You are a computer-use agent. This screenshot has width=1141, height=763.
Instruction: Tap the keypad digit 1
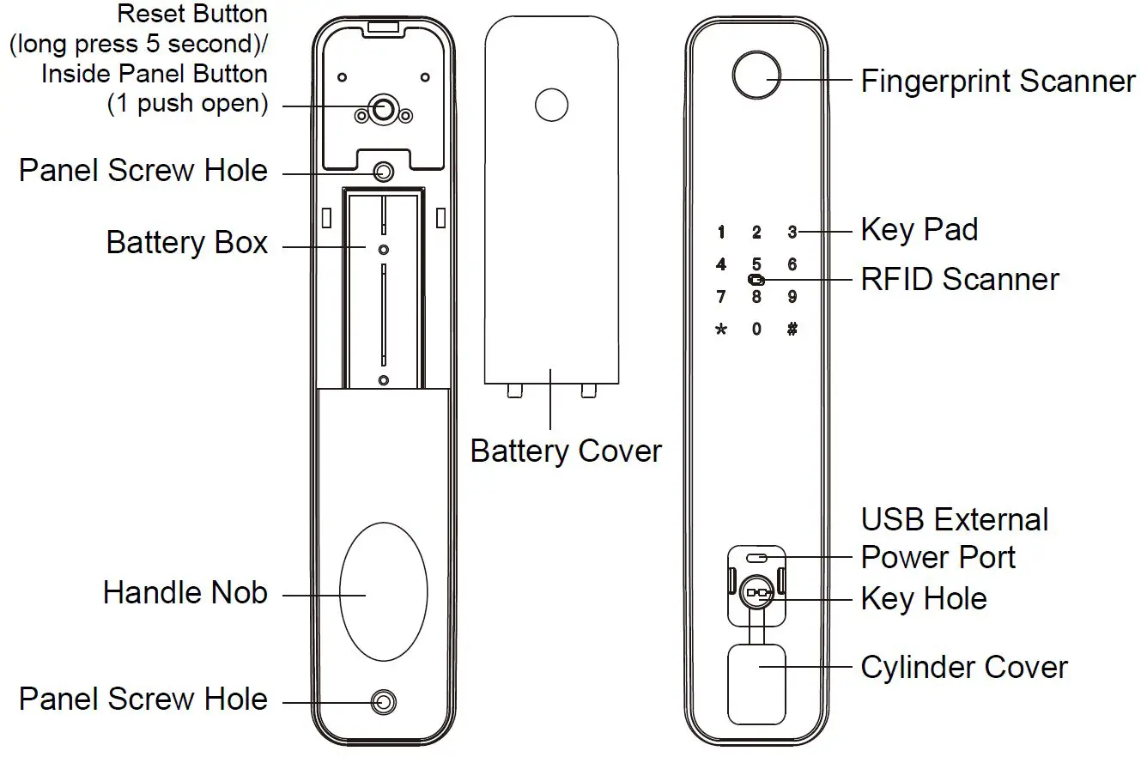point(721,233)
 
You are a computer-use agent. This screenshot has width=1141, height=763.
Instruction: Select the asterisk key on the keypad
point(721,329)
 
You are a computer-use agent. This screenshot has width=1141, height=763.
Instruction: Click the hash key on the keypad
point(792,329)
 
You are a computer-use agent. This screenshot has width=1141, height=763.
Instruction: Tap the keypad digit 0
point(756,329)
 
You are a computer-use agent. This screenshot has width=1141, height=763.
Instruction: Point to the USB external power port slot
point(756,558)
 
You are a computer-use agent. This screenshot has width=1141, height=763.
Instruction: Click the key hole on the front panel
point(756,592)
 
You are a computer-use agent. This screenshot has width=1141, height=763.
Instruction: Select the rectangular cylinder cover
point(756,683)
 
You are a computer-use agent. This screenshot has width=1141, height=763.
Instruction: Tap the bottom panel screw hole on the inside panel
point(383,703)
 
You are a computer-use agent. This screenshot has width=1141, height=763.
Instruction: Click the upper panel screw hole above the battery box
point(383,173)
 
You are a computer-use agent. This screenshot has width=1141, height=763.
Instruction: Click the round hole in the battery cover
point(551,104)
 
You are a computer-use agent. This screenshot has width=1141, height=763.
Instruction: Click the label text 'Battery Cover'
point(566,451)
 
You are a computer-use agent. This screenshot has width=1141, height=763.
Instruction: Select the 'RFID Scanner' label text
point(960,280)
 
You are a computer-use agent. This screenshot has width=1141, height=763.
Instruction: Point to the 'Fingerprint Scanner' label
point(998,82)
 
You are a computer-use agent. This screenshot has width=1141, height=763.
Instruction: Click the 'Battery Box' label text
point(187,243)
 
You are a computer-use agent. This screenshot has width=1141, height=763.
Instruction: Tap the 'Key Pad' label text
point(919,230)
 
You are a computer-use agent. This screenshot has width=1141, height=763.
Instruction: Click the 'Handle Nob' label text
point(185,593)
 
